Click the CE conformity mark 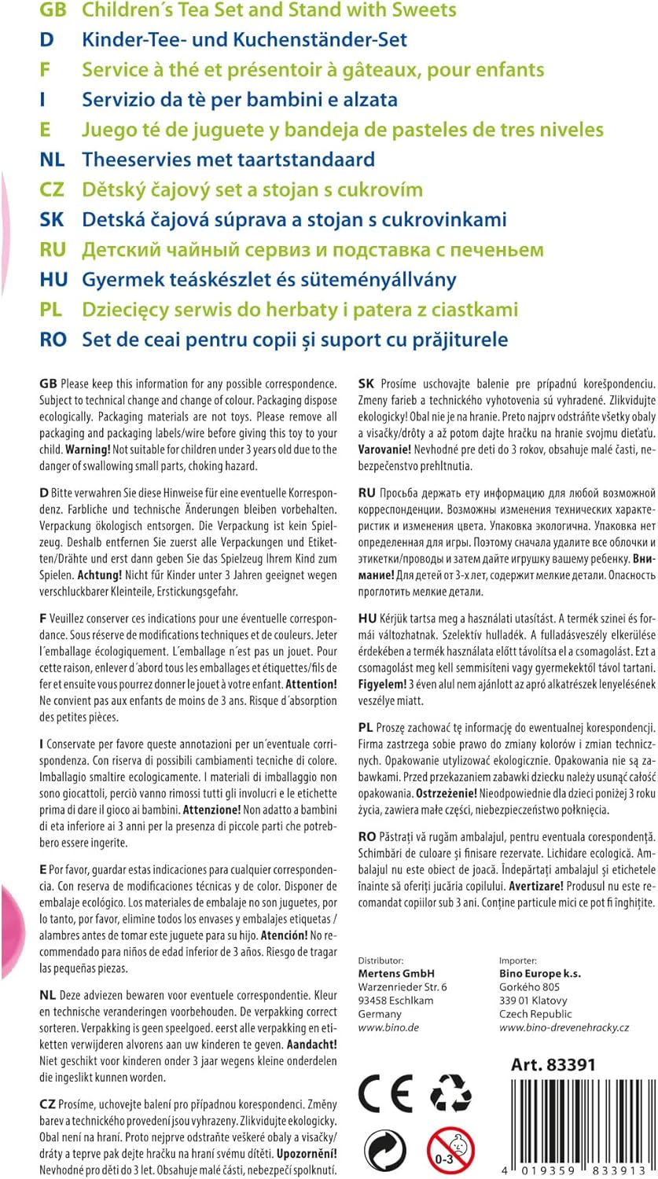[x=385, y=1093]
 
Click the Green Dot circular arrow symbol [x=385, y=1151]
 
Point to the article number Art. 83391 [x=553, y=1065]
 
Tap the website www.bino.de [x=388, y=1027]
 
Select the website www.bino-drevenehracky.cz [x=564, y=1027]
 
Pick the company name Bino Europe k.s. [x=540, y=973]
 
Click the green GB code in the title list [x=53, y=10]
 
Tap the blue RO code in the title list [x=53, y=340]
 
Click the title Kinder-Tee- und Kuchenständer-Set [x=244, y=39]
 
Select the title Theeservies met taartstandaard [x=228, y=160]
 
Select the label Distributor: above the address [x=380, y=960]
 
